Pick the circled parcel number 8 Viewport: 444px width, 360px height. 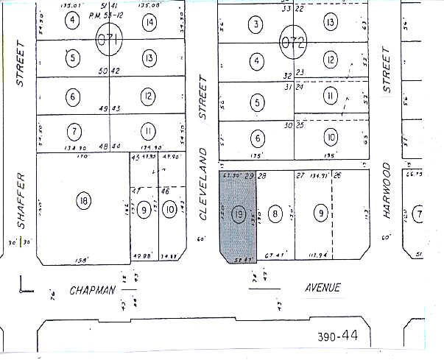tap(275, 214)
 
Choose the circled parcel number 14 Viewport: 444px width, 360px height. tap(149, 21)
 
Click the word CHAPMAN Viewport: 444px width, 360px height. tap(93, 289)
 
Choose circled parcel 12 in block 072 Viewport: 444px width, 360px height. tap(331, 60)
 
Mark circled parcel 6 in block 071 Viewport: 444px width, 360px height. tap(72, 96)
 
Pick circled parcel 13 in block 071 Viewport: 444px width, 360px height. tap(149, 58)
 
